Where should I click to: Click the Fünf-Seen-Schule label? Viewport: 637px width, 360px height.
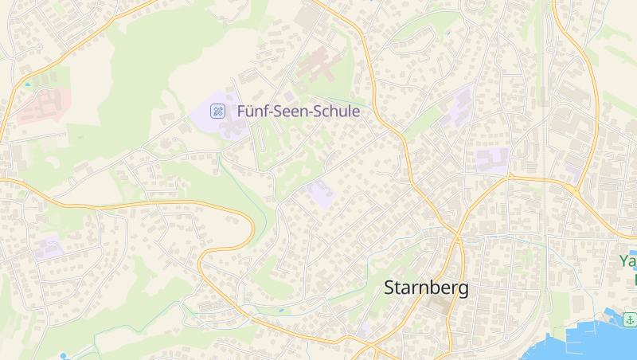298,112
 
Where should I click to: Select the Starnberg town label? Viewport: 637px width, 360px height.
426,288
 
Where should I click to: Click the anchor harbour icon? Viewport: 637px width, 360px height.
629,320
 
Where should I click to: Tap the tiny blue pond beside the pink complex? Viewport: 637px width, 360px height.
27,84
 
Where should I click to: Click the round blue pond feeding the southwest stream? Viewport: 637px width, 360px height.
63,355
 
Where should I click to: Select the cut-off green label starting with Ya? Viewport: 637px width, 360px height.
627,261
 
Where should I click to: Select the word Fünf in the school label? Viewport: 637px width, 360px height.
252,112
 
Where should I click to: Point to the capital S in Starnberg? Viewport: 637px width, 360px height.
390,288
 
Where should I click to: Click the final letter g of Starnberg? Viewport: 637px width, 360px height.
462,290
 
